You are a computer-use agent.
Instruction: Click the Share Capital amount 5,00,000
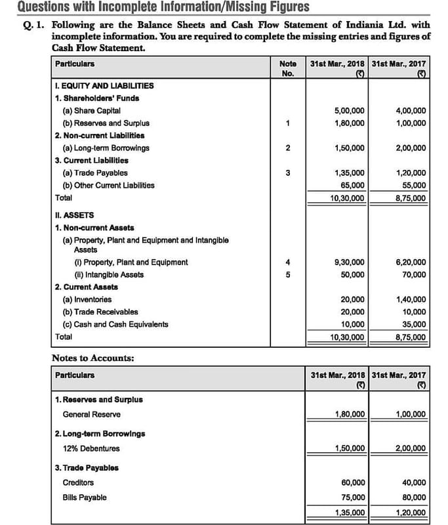pos(350,110)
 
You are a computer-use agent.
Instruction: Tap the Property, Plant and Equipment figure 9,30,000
pos(350,262)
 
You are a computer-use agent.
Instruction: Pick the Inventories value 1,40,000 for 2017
pos(411,299)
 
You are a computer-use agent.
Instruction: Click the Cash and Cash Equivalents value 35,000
pos(413,324)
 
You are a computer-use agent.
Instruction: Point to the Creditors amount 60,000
pos(354,482)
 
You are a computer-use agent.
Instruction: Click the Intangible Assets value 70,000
pos(413,275)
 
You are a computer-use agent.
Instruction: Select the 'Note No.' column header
pos(287,69)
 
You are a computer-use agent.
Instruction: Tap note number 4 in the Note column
pos(287,262)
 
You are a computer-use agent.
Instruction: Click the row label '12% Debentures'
pos(91,448)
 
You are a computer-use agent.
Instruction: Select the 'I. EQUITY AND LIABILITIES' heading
pos(104,85)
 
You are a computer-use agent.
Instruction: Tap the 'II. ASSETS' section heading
pos(74,215)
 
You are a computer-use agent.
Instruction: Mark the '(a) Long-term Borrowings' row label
pos(106,148)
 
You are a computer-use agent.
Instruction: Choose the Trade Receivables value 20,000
pos(354,312)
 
